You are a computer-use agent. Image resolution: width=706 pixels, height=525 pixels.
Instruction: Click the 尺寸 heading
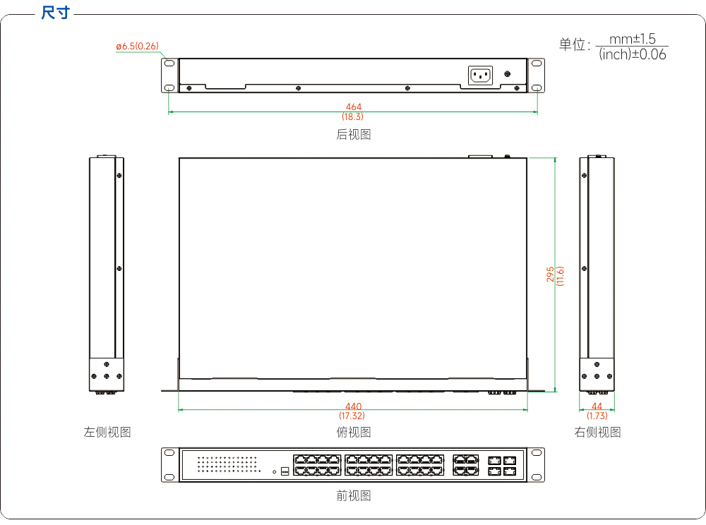[x=55, y=13]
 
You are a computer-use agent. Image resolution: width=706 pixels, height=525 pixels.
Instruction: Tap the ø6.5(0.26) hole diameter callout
[x=138, y=46]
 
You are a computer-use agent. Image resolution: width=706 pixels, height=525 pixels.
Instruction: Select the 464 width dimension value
[x=354, y=107]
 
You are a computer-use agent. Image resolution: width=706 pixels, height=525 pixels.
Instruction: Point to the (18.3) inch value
[x=352, y=116]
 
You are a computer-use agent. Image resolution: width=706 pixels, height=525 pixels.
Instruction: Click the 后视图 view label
[x=354, y=134]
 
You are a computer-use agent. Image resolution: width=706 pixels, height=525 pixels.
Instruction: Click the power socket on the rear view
[x=480, y=75]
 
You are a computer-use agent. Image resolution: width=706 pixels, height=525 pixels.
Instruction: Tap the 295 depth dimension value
[x=550, y=274]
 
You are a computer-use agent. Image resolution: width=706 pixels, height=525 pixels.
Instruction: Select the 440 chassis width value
[x=354, y=406]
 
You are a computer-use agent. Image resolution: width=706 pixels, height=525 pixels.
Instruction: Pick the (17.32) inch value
[x=352, y=416]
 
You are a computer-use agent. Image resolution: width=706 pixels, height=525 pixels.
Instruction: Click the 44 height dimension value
[x=597, y=406]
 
